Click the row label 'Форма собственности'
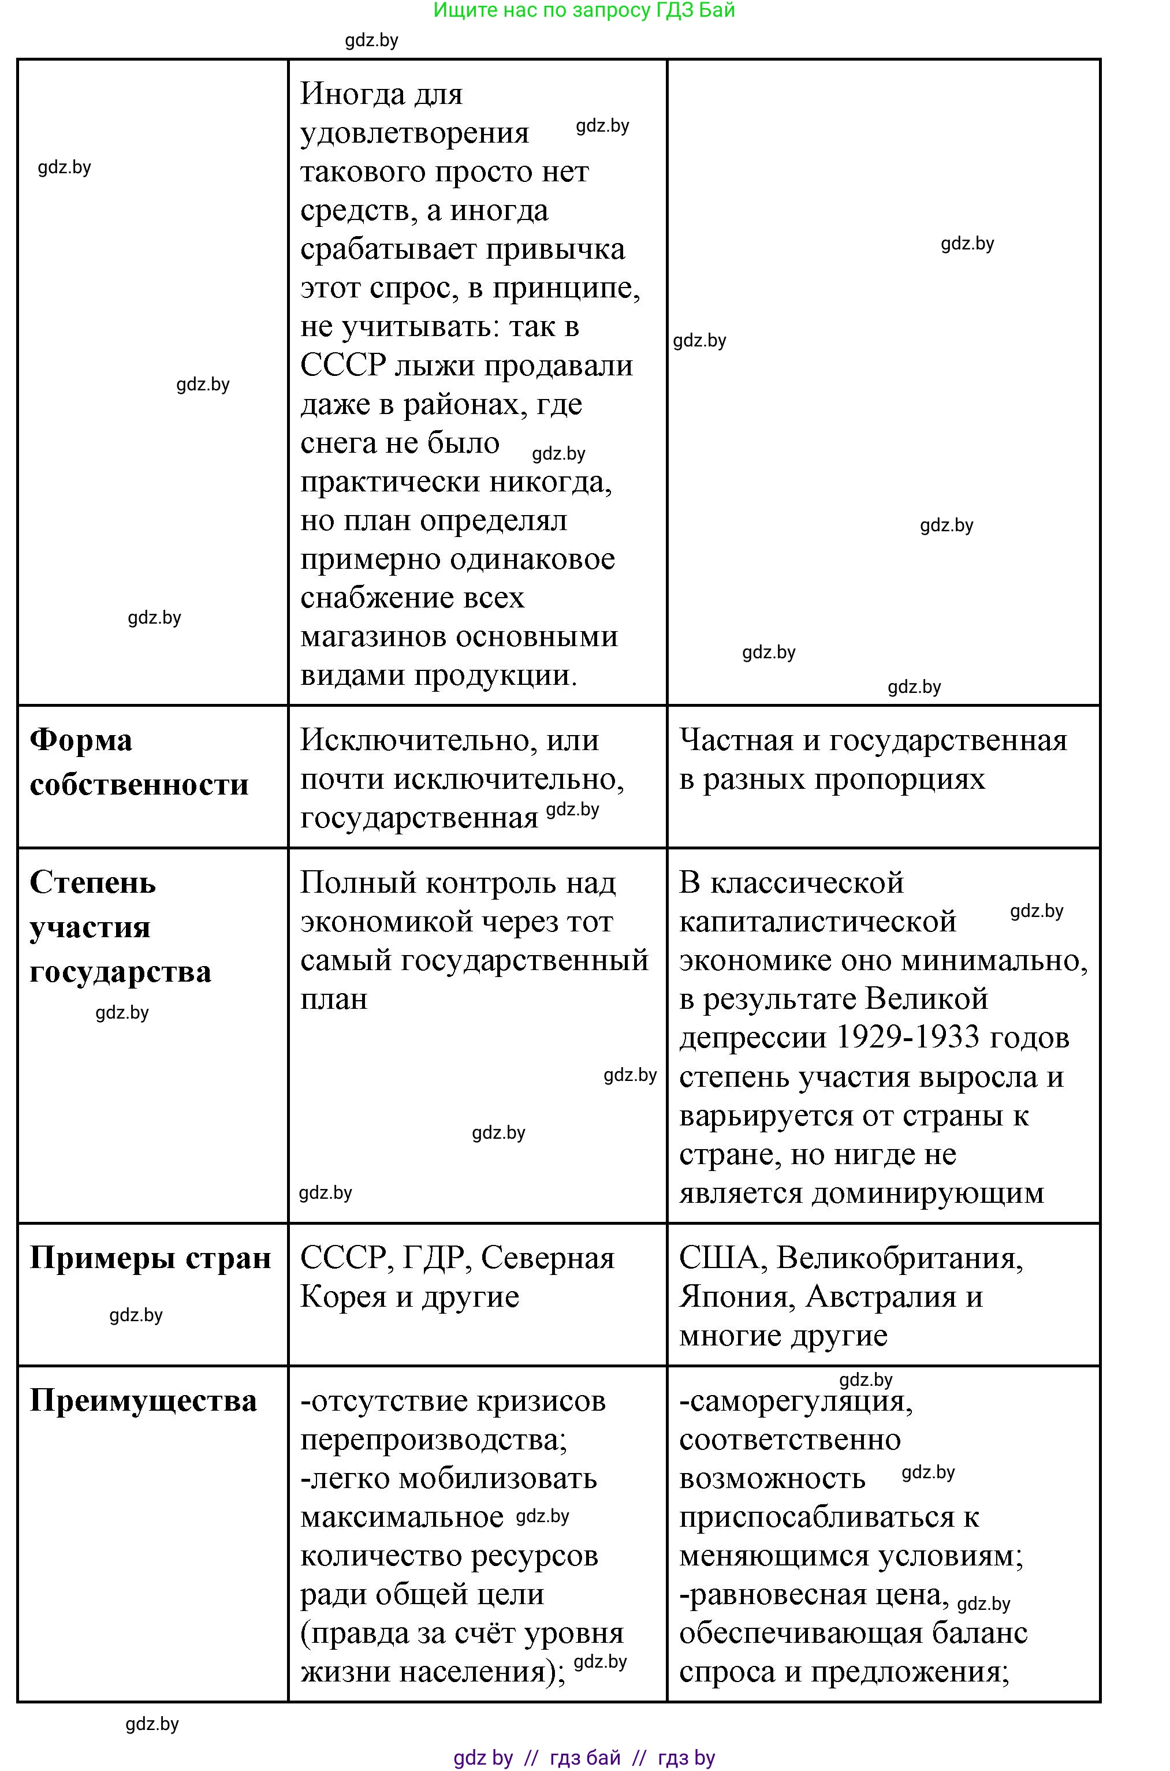click(x=138, y=762)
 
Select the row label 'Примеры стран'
click(x=150, y=1258)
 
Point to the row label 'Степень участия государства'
click(x=120, y=927)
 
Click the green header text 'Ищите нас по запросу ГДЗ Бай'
click(x=584, y=10)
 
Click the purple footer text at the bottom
click(x=584, y=1758)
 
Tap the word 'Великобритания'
click(x=899, y=1258)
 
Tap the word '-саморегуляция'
click(x=795, y=1402)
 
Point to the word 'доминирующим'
click(x=927, y=1193)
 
